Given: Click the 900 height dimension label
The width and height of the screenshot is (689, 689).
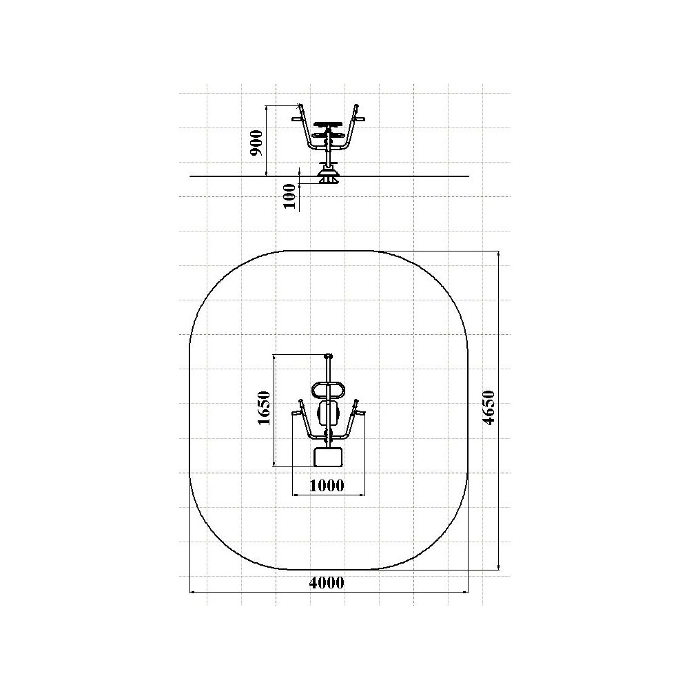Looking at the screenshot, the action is [x=256, y=143].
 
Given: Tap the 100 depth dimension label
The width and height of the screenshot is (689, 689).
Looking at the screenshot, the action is [x=289, y=196].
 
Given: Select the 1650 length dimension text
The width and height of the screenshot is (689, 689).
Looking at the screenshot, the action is [x=264, y=408].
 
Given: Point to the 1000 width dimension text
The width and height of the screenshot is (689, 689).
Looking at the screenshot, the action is [x=327, y=486].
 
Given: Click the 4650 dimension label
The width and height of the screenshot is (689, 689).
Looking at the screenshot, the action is [x=489, y=407].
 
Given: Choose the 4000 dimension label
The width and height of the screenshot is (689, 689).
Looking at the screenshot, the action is [x=327, y=583].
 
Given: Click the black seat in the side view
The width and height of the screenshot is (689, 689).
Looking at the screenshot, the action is [x=328, y=124].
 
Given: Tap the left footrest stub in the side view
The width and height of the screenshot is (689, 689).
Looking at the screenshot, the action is [x=297, y=119].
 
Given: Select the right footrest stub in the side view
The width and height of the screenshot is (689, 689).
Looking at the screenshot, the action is [x=360, y=119].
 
